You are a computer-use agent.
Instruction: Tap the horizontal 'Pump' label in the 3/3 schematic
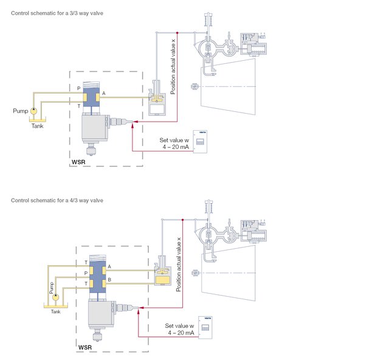coord(21,111)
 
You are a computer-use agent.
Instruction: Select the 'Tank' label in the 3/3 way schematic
coord(37,126)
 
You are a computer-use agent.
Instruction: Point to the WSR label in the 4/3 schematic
coord(86,348)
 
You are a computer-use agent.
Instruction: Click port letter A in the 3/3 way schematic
coord(104,94)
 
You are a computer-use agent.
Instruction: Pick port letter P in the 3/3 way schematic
coord(78,88)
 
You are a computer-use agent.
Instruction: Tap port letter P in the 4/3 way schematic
coord(86,274)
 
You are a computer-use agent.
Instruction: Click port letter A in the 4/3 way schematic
coord(109,266)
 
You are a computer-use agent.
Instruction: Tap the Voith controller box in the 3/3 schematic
coord(200,140)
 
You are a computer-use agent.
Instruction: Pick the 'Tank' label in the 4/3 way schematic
coord(55,311)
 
